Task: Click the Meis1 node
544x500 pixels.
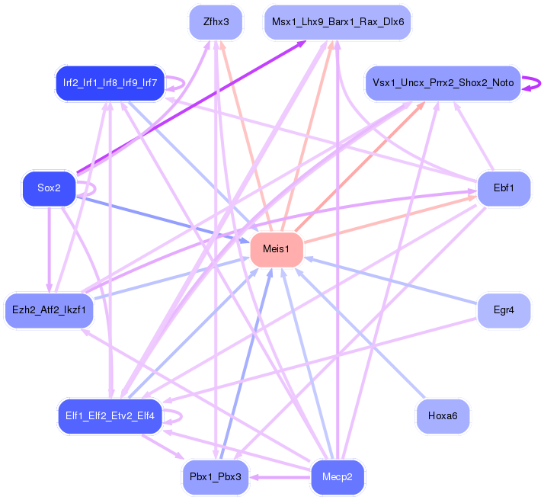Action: (x=276, y=250)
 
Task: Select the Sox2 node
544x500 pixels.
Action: (x=49, y=188)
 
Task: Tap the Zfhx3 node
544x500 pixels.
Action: (x=216, y=22)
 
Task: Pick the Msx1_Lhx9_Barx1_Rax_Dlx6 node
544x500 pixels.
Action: (x=338, y=22)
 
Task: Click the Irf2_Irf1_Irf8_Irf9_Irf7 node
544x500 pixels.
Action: (x=110, y=82)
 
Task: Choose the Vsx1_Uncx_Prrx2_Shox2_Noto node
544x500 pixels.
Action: (x=443, y=82)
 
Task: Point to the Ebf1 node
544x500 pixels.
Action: (x=504, y=187)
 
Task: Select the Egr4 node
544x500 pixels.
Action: (x=504, y=310)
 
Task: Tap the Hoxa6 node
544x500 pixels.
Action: (x=443, y=416)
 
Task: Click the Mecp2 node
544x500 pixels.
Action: (x=338, y=477)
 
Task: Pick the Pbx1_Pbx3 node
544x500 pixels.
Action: (x=216, y=477)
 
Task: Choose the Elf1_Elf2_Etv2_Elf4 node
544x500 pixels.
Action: (x=110, y=416)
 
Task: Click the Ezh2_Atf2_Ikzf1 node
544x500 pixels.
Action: (x=49, y=310)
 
